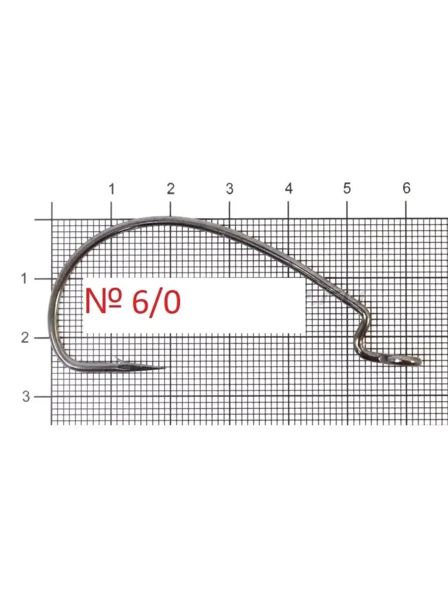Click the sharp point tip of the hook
click(x=165, y=368)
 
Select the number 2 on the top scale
click(x=171, y=188)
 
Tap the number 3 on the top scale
click(x=229, y=189)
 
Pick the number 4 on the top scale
click(x=289, y=188)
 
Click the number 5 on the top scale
click(x=347, y=188)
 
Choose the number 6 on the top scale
click(x=406, y=188)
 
